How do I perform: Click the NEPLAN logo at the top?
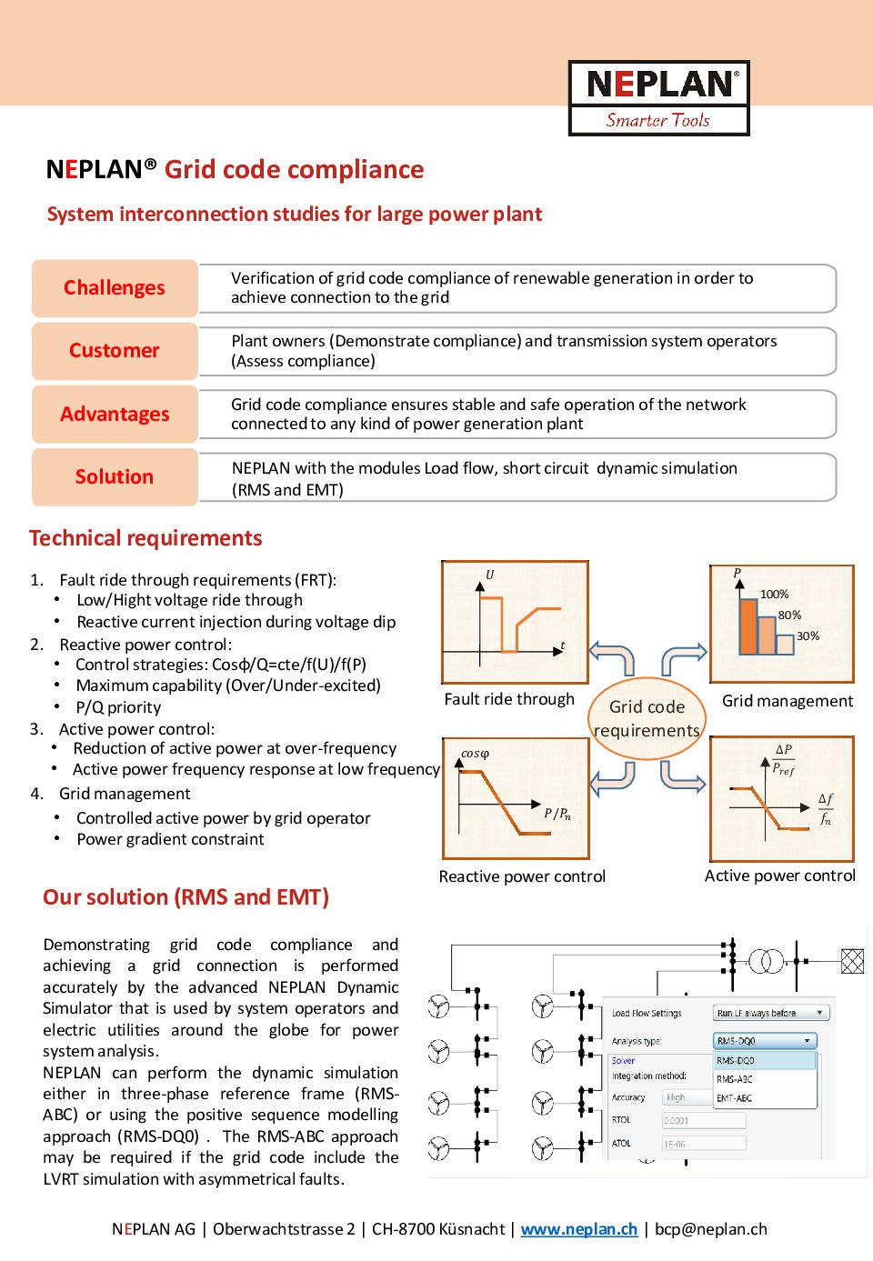pos(658,98)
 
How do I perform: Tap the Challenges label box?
pos(115,288)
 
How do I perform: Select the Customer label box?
pos(115,351)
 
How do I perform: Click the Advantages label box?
pos(115,414)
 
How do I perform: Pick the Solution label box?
pos(115,476)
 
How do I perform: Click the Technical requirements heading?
pos(145,538)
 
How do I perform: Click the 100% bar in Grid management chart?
pos(748,626)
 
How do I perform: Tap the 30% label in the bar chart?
pos(808,636)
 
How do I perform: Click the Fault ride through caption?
pos(509,699)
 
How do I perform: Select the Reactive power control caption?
pos(522,876)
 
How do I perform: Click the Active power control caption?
pos(780,876)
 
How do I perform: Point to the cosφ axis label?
pos(475,753)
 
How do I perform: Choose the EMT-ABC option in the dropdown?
pos(735,1097)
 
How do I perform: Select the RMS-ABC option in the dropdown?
pos(735,1078)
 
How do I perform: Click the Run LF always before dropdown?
pos(771,1013)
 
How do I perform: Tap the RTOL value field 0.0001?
pos(704,1120)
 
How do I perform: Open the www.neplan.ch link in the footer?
pos(579,1229)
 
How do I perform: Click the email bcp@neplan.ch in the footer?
pos(711,1229)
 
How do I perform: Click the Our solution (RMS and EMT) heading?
pos(186,897)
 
